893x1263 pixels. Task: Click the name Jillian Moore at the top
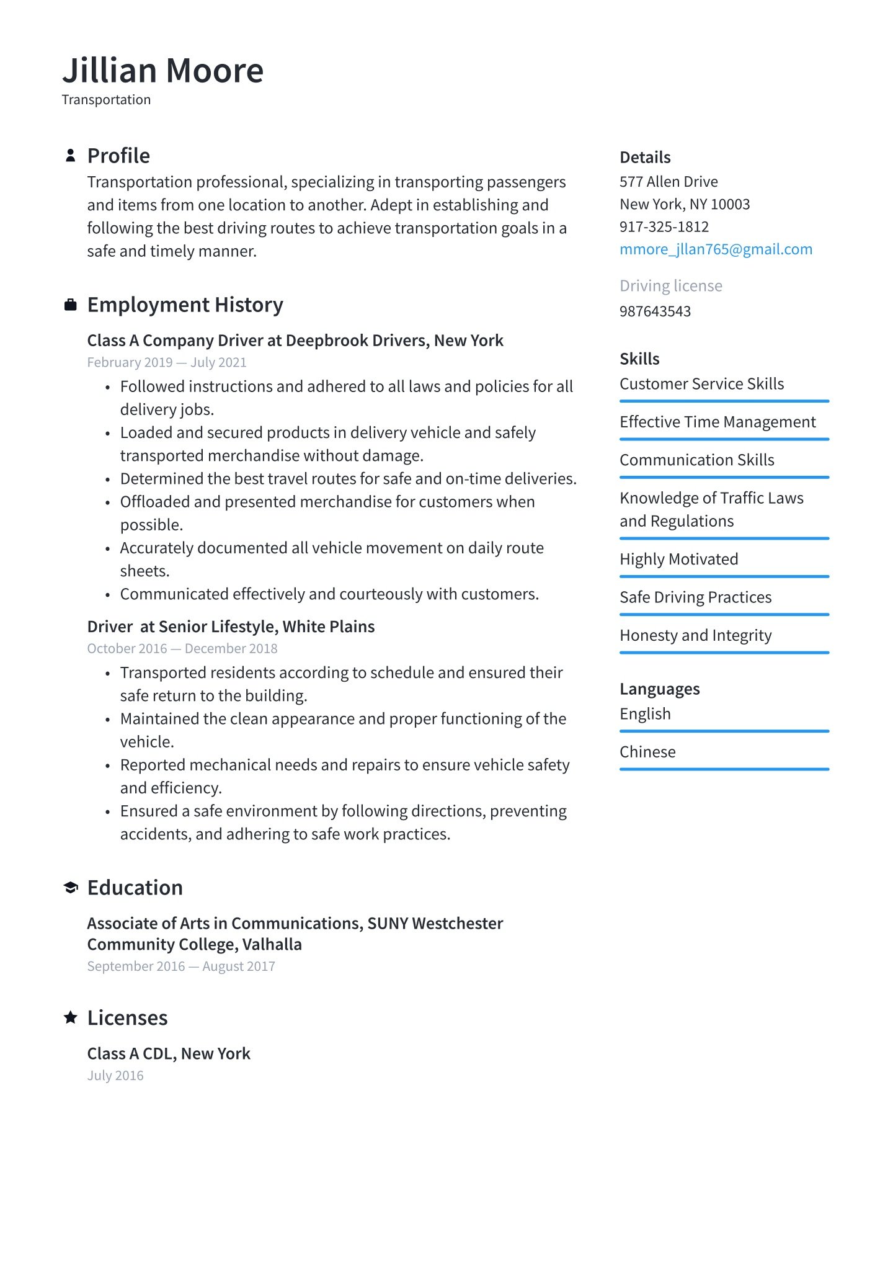click(x=162, y=70)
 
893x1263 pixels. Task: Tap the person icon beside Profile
click(x=71, y=155)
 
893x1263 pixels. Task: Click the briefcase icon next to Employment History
click(x=71, y=305)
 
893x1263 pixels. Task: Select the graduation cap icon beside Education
click(x=71, y=888)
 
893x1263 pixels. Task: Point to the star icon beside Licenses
click(x=71, y=1017)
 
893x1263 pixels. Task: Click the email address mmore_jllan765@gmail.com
click(x=716, y=249)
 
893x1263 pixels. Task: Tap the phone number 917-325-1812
click(x=664, y=226)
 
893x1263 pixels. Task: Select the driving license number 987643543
click(x=655, y=311)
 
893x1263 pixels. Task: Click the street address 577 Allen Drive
click(x=669, y=182)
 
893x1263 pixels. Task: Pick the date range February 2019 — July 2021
click(x=167, y=362)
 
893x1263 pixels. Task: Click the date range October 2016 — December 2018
click(x=182, y=648)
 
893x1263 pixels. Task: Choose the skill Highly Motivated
click(x=678, y=559)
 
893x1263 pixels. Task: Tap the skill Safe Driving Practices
click(x=695, y=597)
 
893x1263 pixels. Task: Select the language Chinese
click(x=647, y=752)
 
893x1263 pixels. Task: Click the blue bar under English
click(x=724, y=731)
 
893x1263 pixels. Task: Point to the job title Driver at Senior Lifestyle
click(x=231, y=627)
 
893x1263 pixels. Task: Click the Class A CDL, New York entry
click(x=169, y=1053)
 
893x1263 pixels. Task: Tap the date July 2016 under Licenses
click(x=115, y=1076)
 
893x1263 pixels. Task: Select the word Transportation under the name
click(x=106, y=100)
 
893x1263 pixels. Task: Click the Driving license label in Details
click(x=670, y=286)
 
